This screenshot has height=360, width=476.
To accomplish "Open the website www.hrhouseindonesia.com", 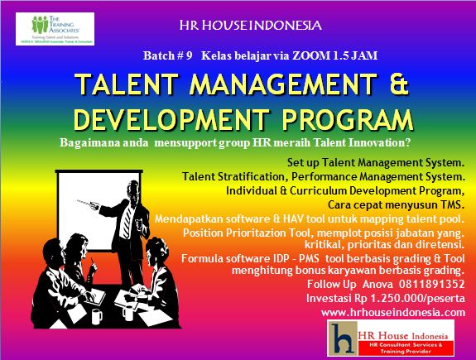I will pyautogui.click(x=393, y=312).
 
